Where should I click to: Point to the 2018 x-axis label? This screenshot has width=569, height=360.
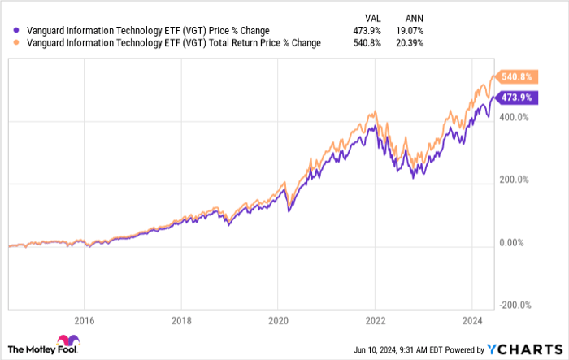(181, 320)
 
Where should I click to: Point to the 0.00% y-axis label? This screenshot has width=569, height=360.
(513, 242)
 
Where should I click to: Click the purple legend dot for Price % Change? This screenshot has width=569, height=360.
(9, 31)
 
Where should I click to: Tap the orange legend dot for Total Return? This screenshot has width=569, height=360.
(9, 43)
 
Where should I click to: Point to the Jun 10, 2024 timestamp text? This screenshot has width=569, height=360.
(381, 349)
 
